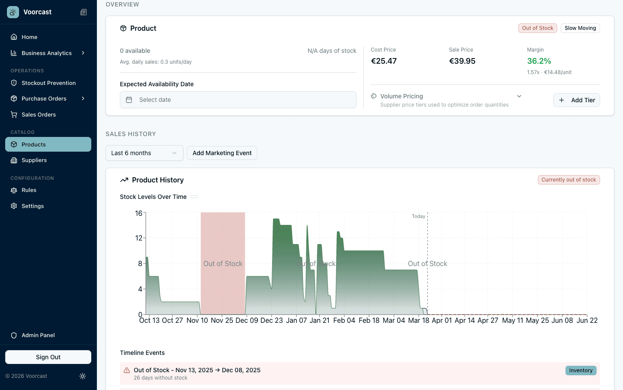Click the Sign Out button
coord(48,357)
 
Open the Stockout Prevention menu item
coord(48,83)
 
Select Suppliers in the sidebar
coord(34,160)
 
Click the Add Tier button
coord(576,100)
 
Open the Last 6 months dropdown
coord(144,153)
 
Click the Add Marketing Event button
coord(222,153)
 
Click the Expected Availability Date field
coord(238,100)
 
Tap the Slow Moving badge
coord(580,28)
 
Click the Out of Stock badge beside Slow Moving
coord(537,28)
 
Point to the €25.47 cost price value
coord(384,61)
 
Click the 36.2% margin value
coord(539,61)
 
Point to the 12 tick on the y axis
coord(138,238)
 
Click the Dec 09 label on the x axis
coord(247,321)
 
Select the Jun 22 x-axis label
coord(587,321)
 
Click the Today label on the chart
coord(418,216)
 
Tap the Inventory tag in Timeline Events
coord(581,370)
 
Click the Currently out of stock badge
coord(568,180)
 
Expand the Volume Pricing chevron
coord(519,96)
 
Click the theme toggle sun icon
coord(83,376)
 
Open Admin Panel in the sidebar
coord(38,335)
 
